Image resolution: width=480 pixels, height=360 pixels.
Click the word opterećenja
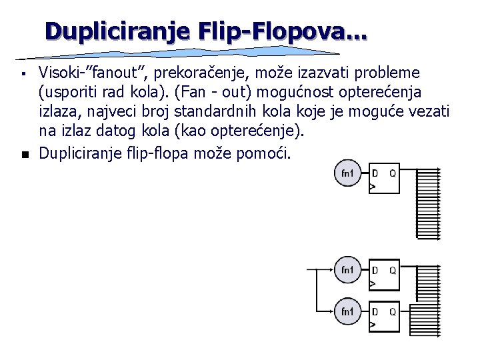(381, 91)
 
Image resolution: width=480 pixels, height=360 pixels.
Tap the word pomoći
(264, 154)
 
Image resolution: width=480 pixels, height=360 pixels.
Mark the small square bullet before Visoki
(23, 71)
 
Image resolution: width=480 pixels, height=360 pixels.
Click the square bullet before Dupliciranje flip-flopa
(23, 155)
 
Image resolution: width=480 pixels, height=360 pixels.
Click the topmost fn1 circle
(347, 174)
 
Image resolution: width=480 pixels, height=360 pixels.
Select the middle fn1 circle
(347, 270)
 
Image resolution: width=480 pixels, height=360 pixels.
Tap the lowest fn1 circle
(347, 311)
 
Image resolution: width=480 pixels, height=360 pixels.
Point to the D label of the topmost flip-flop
(375, 173)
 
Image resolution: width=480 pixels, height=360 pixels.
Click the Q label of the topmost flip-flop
(393, 173)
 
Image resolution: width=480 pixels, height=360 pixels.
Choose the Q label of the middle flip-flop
(393, 270)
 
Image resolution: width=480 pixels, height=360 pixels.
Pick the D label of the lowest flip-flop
(375, 311)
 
